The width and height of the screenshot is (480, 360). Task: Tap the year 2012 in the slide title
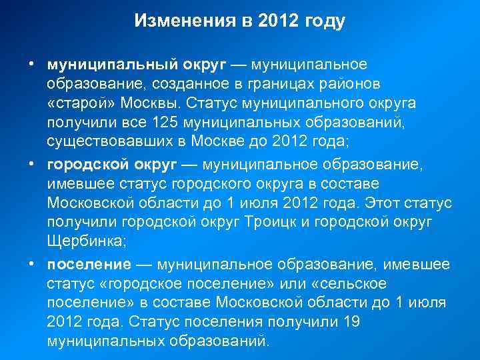pos(273,22)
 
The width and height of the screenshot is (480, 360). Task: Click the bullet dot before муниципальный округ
pos(31,65)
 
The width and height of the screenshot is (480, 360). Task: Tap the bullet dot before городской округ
pos(31,165)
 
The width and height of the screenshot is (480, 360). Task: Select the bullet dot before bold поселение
pos(31,265)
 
